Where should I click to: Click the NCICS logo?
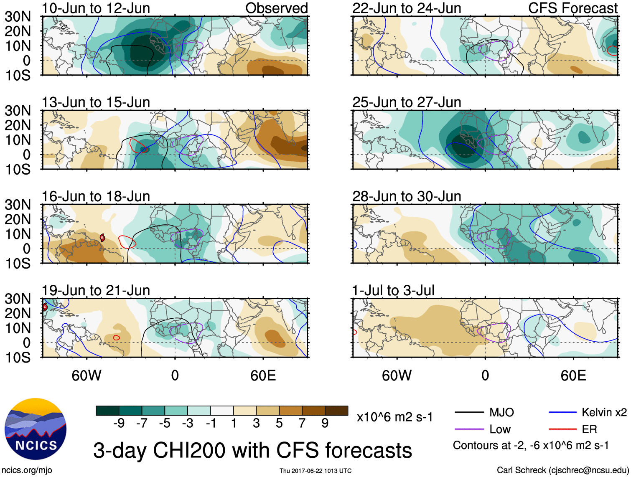point(35,429)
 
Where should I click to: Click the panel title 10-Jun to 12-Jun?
point(96,8)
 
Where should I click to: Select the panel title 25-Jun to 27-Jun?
point(407,102)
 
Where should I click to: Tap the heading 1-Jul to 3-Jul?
point(393,290)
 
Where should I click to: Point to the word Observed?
point(277,8)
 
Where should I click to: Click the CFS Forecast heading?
point(573,8)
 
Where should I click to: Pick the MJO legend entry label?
point(501,412)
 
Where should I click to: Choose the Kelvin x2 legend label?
point(604,412)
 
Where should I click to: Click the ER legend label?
point(589,429)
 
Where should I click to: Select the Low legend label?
point(500,429)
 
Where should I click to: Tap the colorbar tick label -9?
point(119,423)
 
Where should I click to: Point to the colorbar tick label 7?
point(302,423)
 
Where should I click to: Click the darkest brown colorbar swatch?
point(336,411)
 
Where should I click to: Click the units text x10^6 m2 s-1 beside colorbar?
point(395,417)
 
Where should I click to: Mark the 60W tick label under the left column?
point(87,376)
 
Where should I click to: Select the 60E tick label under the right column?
point(573,376)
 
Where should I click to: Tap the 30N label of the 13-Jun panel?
point(18,111)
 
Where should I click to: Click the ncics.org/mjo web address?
point(27,470)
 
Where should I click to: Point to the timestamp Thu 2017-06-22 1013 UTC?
point(315,471)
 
